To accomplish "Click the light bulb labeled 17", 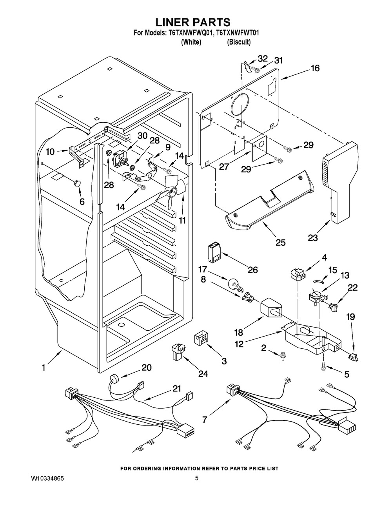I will [x=234, y=281].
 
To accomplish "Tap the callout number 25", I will [x=280, y=243].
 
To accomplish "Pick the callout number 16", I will [x=315, y=68].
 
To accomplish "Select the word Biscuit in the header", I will [x=238, y=42].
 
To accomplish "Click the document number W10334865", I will [x=47, y=479].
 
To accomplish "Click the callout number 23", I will [x=312, y=237].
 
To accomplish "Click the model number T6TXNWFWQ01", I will [x=191, y=33].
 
